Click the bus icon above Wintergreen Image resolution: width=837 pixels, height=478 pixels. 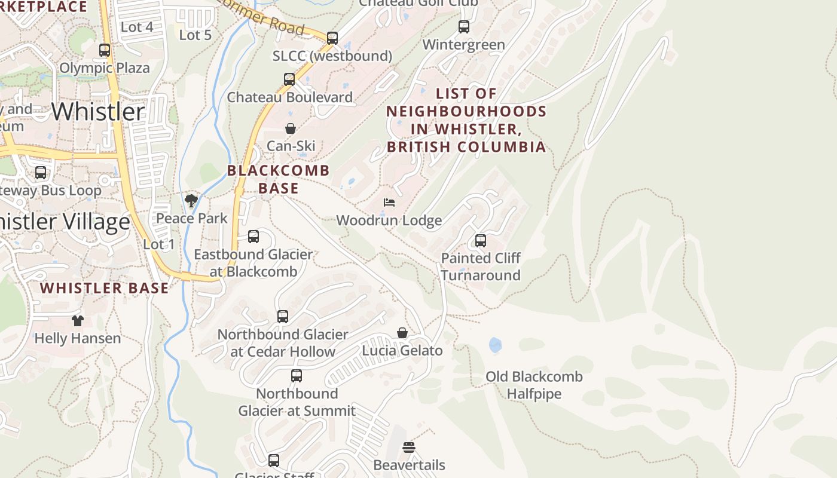click(x=464, y=27)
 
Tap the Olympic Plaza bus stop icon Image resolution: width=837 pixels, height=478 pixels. click(x=105, y=50)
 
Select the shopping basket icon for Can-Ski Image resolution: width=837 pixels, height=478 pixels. click(x=291, y=128)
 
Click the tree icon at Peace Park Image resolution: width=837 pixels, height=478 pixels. click(x=191, y=201)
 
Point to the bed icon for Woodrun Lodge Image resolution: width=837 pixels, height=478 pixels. click(x=389, y=203)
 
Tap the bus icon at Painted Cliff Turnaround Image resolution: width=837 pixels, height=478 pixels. click(x=481, y=241)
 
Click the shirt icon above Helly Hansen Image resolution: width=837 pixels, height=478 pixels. click(x=77, y=321)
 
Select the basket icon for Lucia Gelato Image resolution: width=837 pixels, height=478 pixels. click(x=402, y=333)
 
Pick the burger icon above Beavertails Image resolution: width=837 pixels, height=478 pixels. click(x=409, y=448)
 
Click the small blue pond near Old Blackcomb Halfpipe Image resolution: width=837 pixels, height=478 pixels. click(x=495, y=345)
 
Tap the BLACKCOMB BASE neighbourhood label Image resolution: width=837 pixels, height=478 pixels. click(x=279, y=179)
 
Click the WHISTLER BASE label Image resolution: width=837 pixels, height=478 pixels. click(x=105, y=288)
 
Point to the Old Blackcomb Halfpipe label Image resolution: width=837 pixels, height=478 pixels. click(x=534, y=385)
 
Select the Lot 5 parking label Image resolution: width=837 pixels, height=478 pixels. click(x=195, y=35)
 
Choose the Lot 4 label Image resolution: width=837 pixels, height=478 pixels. click(x=137, y=27)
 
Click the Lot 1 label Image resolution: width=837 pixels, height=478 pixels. click(x=159, y=244)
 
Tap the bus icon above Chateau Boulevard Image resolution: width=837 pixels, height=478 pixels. click(x=289, y=79)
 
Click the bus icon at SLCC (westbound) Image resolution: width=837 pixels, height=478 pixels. click(x=332, y=38)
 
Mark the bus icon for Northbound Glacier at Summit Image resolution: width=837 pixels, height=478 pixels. click(x=297, y=376)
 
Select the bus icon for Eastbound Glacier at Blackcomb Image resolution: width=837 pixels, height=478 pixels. click(x=253, y=237)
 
